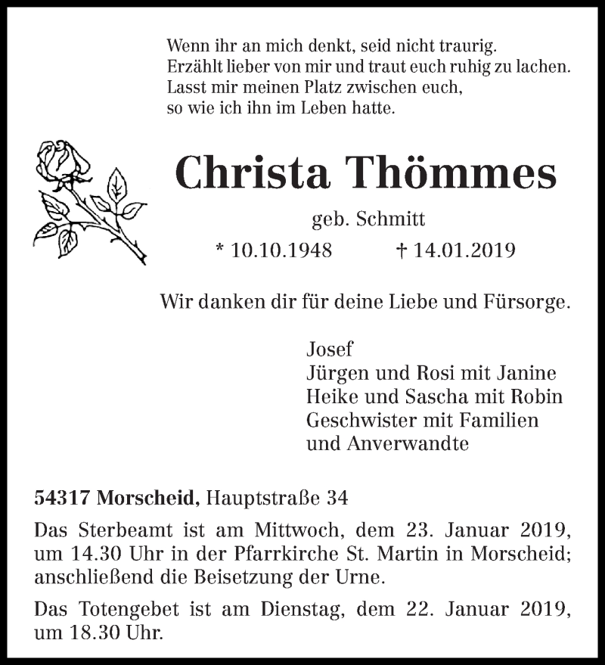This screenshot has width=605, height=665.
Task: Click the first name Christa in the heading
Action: pos(253,173)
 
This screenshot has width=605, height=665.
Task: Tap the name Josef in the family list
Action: pos(330,350)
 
